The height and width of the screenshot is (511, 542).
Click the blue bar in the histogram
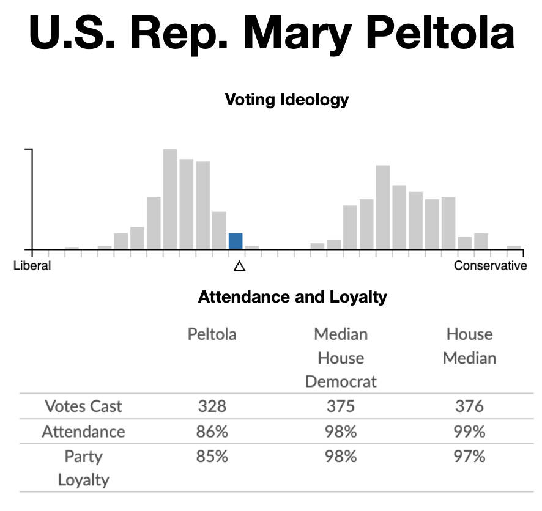click(x=236, y=241)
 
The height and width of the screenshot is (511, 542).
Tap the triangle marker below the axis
click(x=239, y=266)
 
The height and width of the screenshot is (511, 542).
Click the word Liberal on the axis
click(x=32, y=266)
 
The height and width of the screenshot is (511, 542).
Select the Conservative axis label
click(x=490, y=266)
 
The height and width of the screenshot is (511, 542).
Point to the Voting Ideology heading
click(x=287, y=100)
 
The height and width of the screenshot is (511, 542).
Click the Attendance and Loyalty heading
click(x=292, y=298)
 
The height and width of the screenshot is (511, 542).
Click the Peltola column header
click(x=212, y=334)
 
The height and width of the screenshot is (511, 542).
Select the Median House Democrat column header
click(x=341, y=358)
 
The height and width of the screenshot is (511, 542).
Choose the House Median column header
click(x=469, y=346)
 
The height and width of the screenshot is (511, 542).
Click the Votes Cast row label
click(x=83, y=406)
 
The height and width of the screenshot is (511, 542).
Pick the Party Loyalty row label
click(x=83, y=468)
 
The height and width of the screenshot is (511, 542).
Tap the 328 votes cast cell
click(x=212, y=406)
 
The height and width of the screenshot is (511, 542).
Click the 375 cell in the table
click(x=341, y=406)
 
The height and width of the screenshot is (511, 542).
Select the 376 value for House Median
click(x=469, y=406)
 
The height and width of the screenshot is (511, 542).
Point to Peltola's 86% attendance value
click(x=212, y=432)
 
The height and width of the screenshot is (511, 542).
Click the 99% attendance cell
click(x=469, y=432)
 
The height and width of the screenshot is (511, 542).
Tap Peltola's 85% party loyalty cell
click(x=212, y=457)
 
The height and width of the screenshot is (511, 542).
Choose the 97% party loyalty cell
click(x=469, y=457)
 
